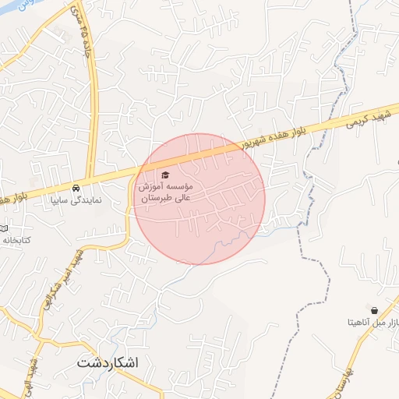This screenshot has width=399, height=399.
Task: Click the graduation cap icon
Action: coord(164,175)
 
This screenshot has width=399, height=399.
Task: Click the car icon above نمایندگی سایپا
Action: coord(76,189)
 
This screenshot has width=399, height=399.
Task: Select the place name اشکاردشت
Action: coord(108,363)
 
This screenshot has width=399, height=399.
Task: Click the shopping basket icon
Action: coord(375,309)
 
